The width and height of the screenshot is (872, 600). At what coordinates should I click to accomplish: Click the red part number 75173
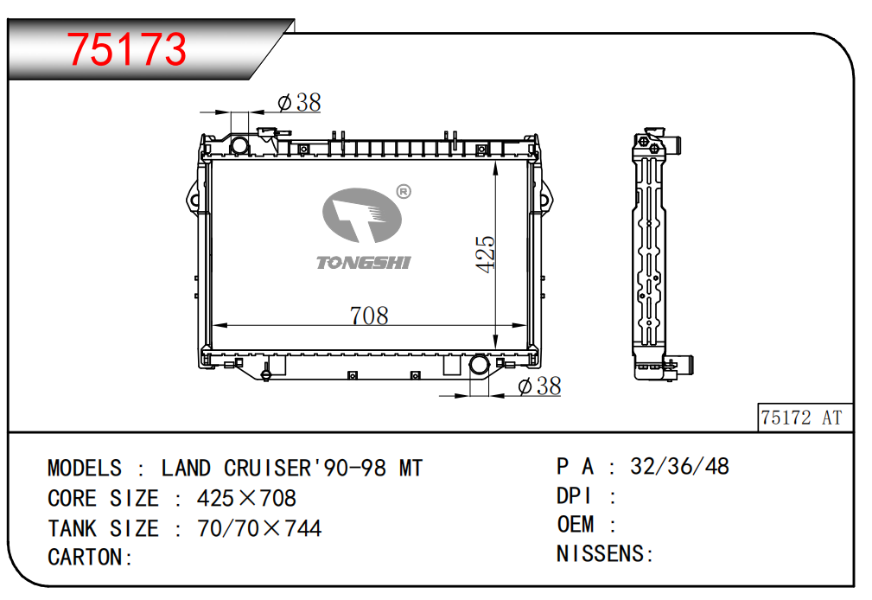(x=127, y=49)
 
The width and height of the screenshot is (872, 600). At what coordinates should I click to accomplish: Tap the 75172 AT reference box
(x=805, y=418)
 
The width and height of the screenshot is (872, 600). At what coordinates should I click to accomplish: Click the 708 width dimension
(x=369, y=316)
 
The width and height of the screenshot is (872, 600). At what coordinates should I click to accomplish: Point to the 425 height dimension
(x=485, y=254)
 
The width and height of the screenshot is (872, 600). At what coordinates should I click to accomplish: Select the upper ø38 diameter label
(x=299, y=102)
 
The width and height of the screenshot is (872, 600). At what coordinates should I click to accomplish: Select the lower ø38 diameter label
(x=539, y=386)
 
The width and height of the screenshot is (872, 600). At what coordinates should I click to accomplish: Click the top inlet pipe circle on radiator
(x=239, y=145)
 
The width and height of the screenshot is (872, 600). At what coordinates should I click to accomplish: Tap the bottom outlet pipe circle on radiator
(x=479, y=365)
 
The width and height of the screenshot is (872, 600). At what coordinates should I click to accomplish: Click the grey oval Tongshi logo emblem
(x=362, y=215)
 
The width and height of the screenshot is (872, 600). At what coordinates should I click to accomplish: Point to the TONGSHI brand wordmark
(x=364, y=263)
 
